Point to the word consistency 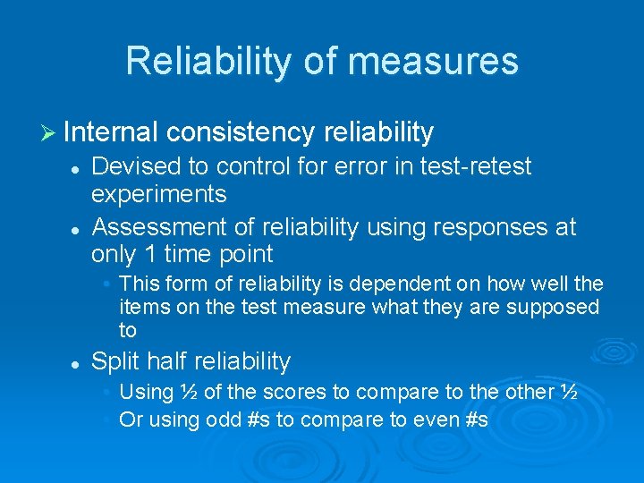tap(241, 133)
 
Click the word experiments tap(159, 193)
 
